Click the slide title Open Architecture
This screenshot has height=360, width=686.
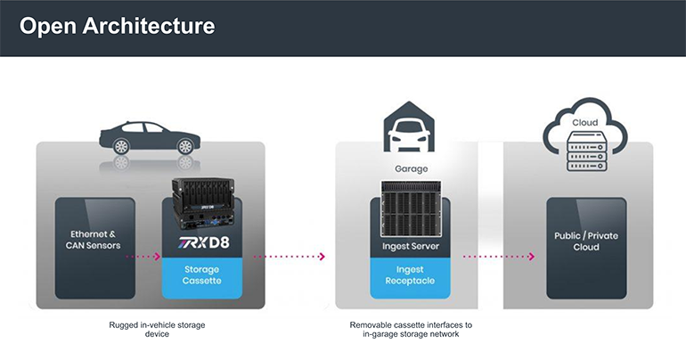pos(117,26)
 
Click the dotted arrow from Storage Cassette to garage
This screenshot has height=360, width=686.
pos(288,257)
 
